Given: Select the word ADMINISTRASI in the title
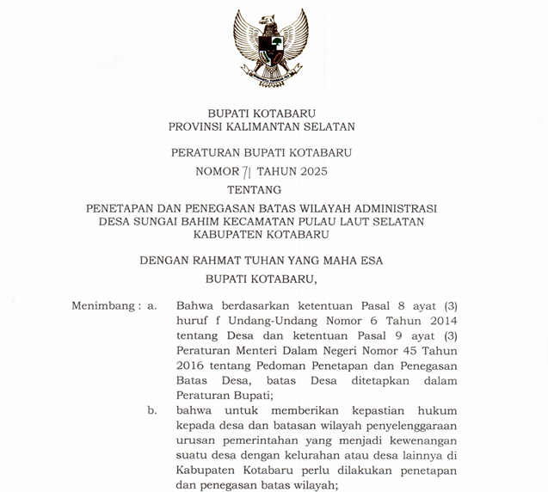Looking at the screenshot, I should pos(391,208).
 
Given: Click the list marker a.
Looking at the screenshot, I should pos(152,305).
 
